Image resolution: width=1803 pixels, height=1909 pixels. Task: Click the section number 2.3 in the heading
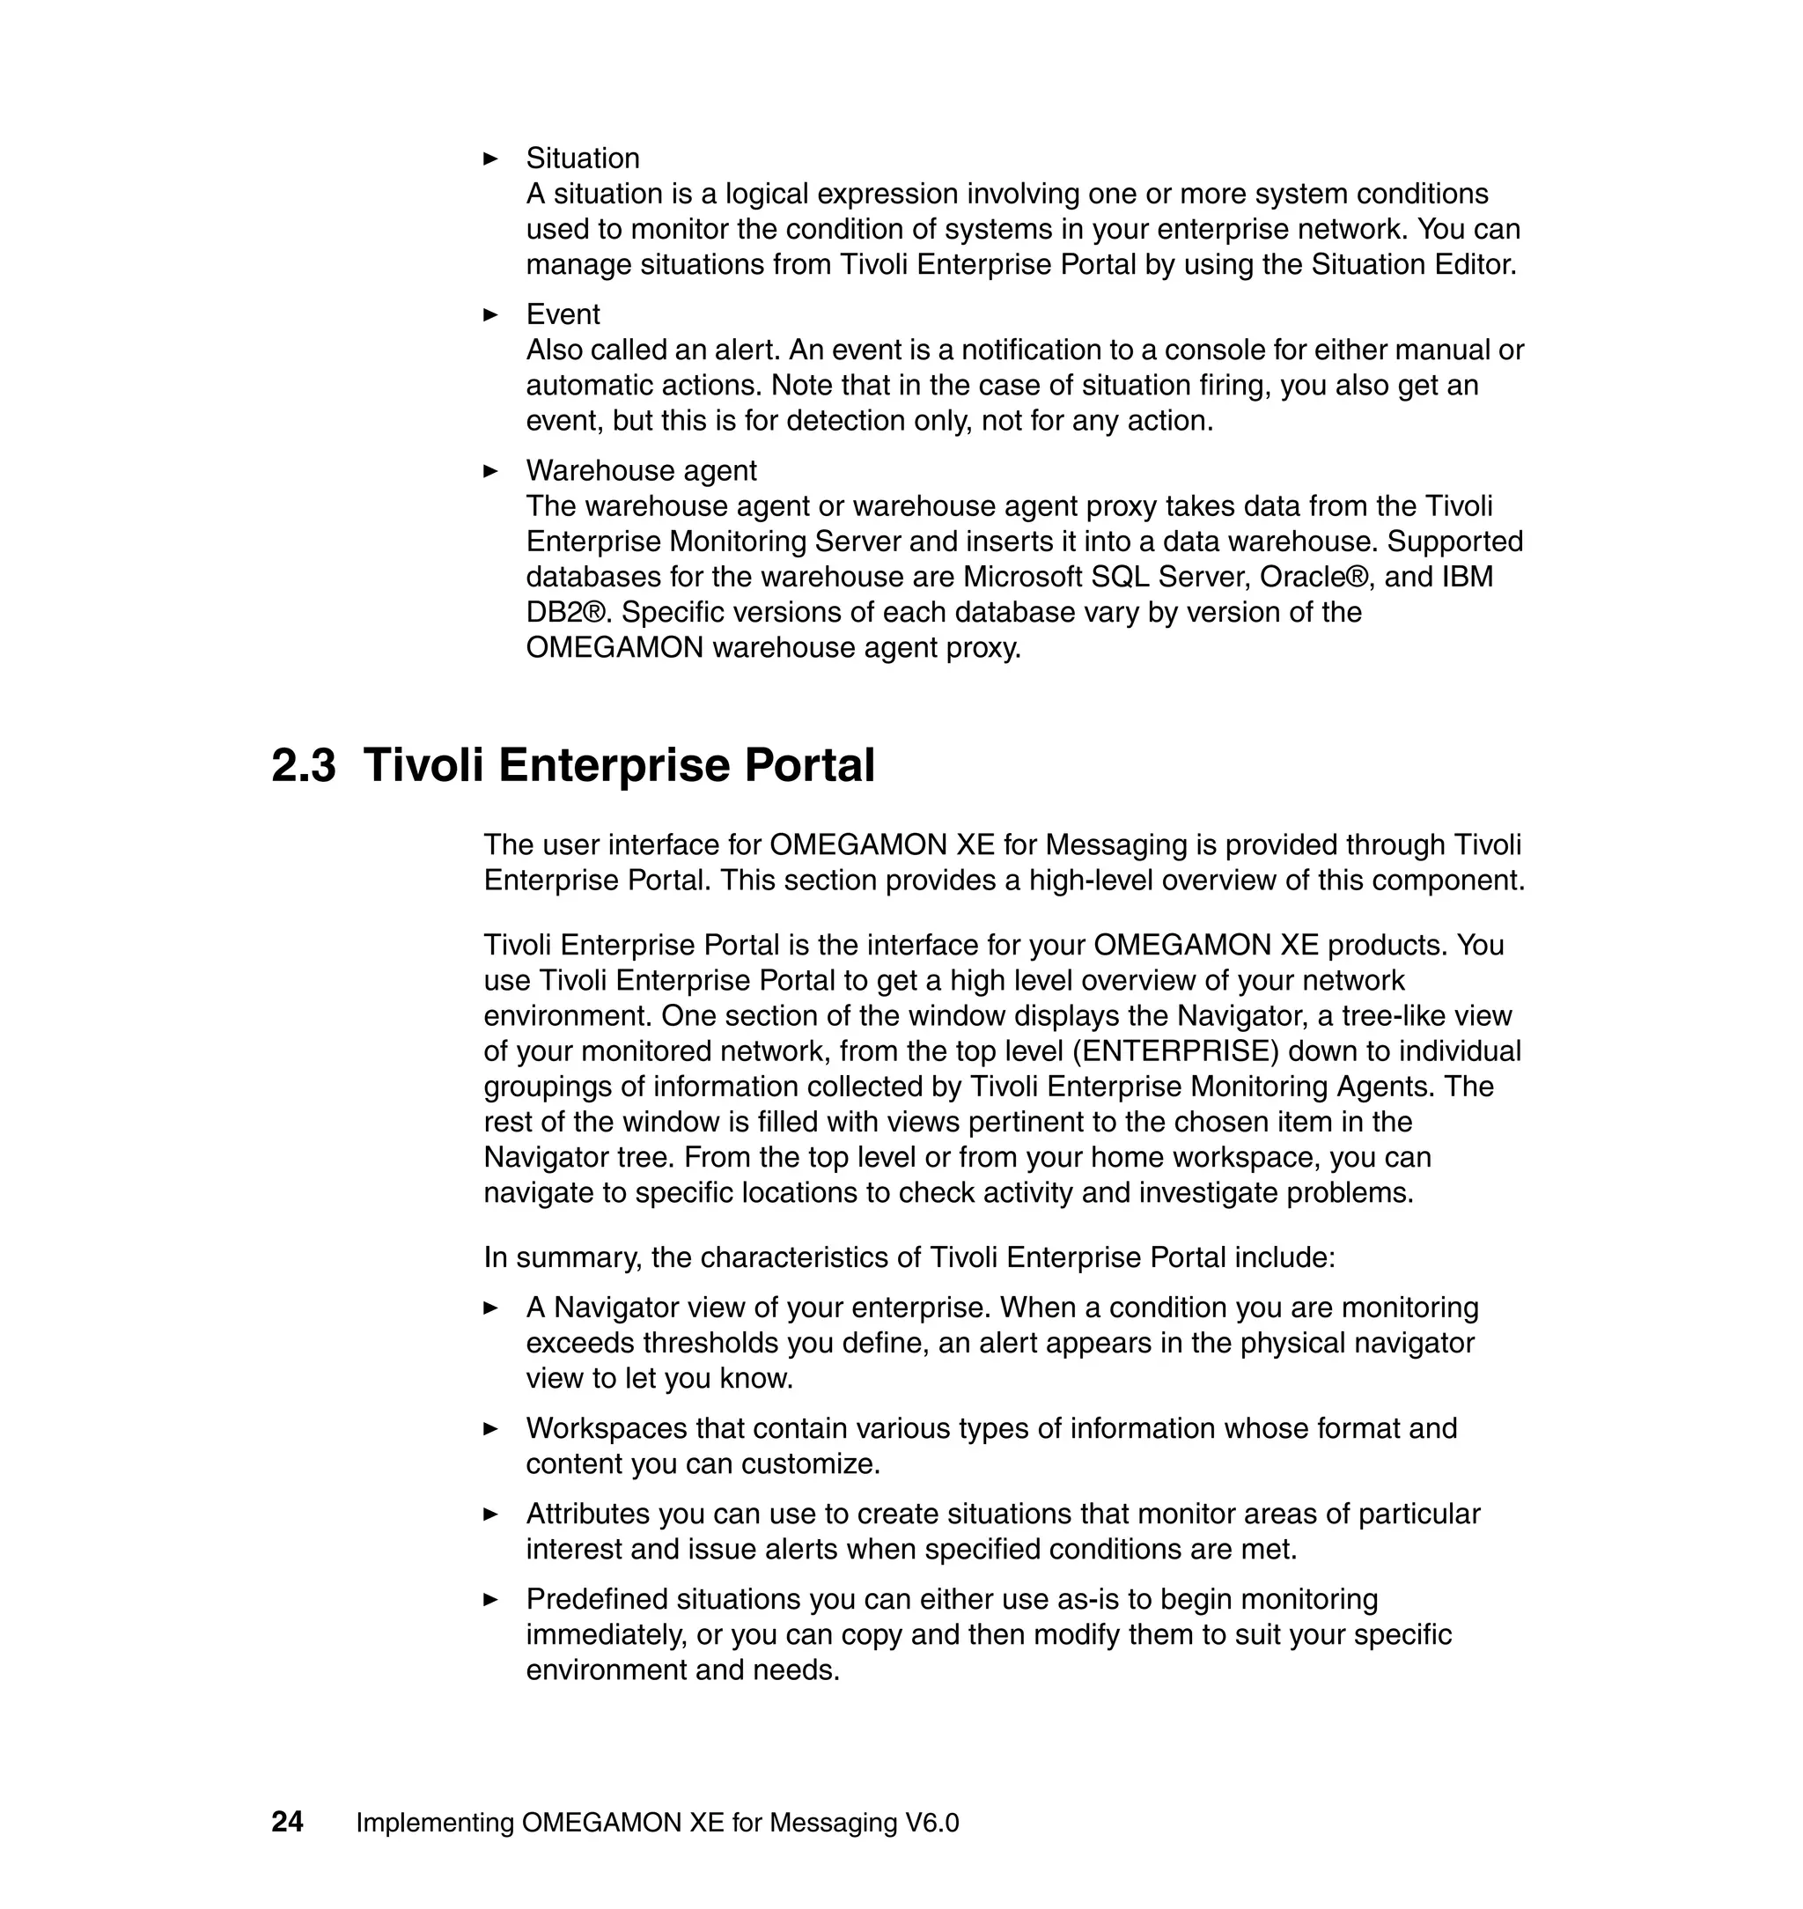click(304, 766)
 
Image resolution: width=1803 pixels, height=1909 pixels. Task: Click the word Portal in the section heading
click(810, 766)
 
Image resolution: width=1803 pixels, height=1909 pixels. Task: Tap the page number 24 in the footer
click(287, 1822)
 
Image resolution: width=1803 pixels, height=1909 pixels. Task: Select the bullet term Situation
click(583, 158)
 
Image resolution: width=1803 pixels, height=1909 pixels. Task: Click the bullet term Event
click(563, 314)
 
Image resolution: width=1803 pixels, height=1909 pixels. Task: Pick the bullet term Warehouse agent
click(641, 471)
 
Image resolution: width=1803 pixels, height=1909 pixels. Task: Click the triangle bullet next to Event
click(490, 314)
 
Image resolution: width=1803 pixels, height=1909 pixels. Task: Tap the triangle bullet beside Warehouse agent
click(490, 471)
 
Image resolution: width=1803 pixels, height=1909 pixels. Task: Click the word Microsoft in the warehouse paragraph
click(1023, 577)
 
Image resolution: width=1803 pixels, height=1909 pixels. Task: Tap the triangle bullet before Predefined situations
click(490, 1599)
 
